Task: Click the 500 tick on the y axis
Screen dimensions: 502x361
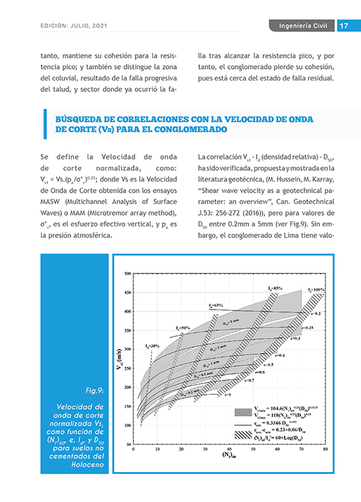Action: (127, 274)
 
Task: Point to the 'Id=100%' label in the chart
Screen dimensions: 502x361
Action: (316, 290)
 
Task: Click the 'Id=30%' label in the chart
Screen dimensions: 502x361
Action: (153, 346)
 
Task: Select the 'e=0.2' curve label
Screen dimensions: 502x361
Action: (317, 314)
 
